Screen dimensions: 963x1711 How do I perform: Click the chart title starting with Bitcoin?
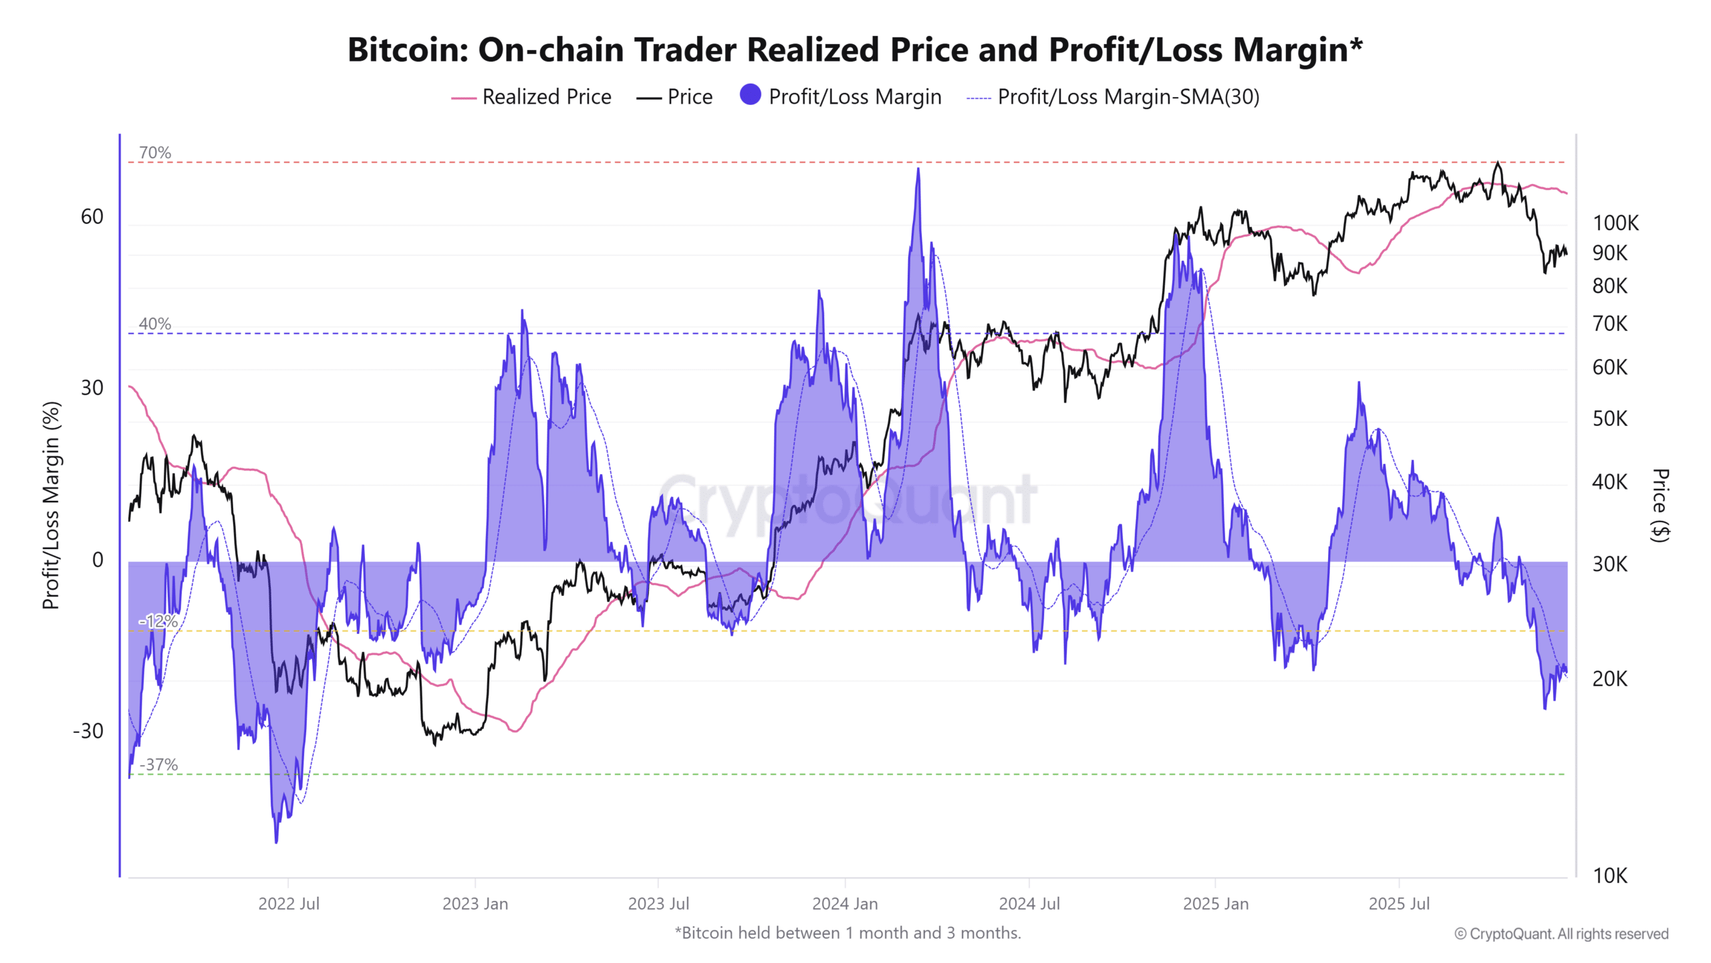point(855,49)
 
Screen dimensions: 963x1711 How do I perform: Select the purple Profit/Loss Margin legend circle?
point(750,95)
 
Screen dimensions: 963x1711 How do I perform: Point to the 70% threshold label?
point(155,152)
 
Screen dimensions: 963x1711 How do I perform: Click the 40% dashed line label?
point(155,324)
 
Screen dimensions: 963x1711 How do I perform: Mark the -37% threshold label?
point(159,764)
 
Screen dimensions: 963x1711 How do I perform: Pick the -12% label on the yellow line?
point(158,621)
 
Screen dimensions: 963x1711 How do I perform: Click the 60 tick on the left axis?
point(92,217)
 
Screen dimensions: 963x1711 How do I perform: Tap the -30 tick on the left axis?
point(88,731)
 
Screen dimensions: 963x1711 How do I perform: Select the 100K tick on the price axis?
point(1615,223)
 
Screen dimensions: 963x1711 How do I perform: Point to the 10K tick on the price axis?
point(1609,875)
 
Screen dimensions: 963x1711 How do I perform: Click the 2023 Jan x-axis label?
point(475,903)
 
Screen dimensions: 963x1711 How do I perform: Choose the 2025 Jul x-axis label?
point(1398,903)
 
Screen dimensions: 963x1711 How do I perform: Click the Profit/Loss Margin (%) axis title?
point(51,505)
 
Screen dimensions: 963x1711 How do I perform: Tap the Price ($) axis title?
point(1660,505)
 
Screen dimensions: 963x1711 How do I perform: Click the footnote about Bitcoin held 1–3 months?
point(847,933)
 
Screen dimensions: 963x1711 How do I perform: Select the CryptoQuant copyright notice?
point(1561,934)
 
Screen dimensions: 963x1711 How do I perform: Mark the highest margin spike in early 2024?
point(918,170)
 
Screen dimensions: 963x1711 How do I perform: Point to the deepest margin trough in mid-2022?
point(276,841)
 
